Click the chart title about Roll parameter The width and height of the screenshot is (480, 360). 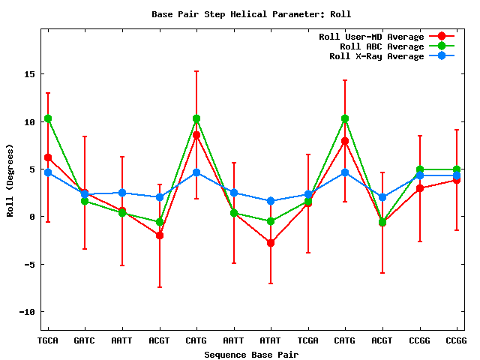pos(250,14)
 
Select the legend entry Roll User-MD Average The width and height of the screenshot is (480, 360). pos(371,37)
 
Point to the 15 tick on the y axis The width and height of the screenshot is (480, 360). pos(30,74)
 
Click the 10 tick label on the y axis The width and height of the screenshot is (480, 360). pos(30,121)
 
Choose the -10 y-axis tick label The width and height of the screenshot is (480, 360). pos(27,311)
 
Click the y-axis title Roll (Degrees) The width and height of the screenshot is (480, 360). pos(10,180)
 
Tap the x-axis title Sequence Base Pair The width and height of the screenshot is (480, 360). pos(250,354)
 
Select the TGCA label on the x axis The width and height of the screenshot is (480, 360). pos(48,340)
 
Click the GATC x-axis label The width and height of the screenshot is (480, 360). pos(85,340)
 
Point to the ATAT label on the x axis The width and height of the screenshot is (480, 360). pos(271,340)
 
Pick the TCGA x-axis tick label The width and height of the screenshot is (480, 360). pos(307,340)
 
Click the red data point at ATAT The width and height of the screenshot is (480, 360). pos(271,243)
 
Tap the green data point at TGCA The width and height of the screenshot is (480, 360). pos(48,118)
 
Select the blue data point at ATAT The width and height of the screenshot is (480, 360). pos(271,201)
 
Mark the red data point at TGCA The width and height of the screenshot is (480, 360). pos(48,157)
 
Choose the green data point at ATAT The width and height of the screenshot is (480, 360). pos(271,221)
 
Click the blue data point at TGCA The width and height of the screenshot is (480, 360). pos(48,172)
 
